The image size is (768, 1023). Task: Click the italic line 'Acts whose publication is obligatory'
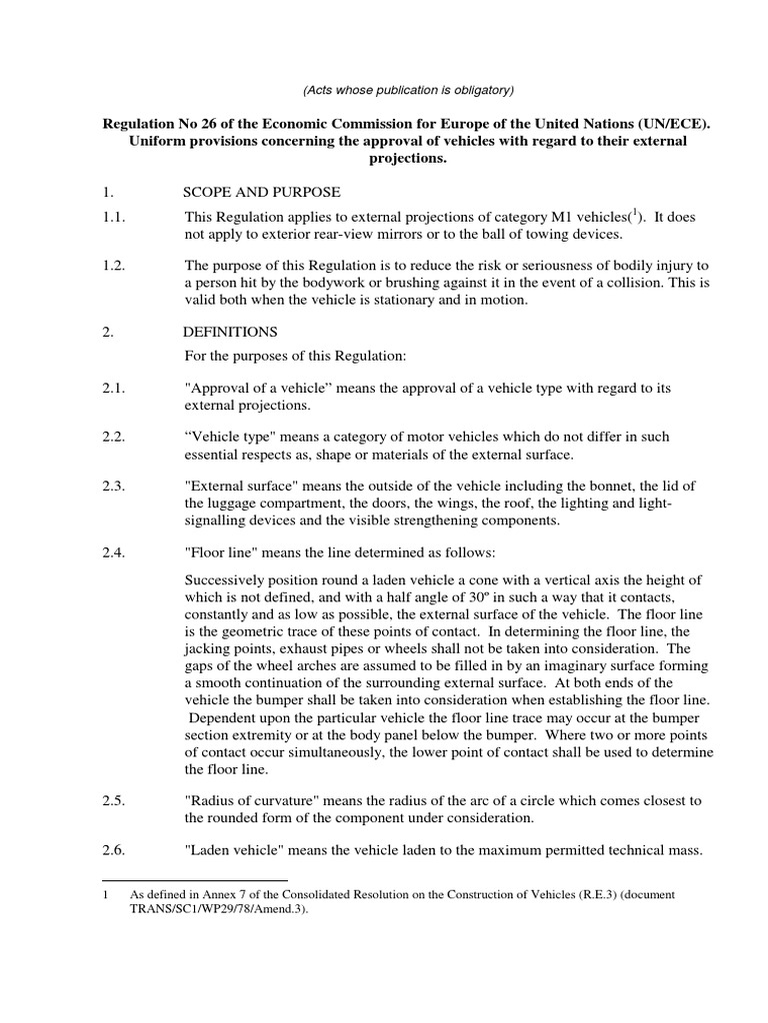tap(408, 90)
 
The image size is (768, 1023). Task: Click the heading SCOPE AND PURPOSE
tap(262, 192)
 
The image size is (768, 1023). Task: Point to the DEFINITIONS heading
tap(231, 332)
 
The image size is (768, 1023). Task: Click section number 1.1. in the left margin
tap(116, 217)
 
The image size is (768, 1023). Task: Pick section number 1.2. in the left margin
tap(116, 265)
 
